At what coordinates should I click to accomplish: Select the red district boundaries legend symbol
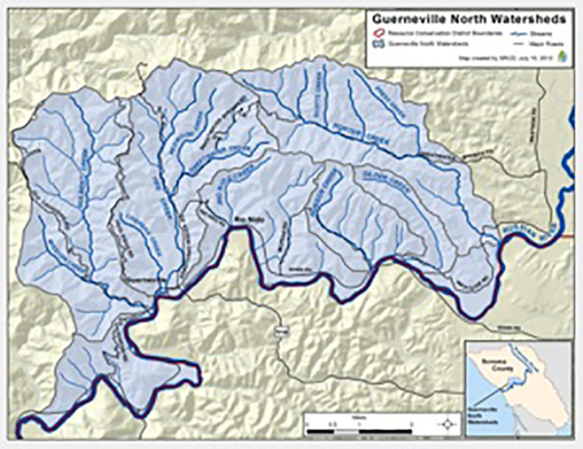coord(373,33)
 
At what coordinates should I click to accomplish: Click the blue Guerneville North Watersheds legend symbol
coord(373,44)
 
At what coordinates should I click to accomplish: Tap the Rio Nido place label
coord(240,220)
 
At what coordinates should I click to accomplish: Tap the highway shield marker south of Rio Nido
coord(278,330)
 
